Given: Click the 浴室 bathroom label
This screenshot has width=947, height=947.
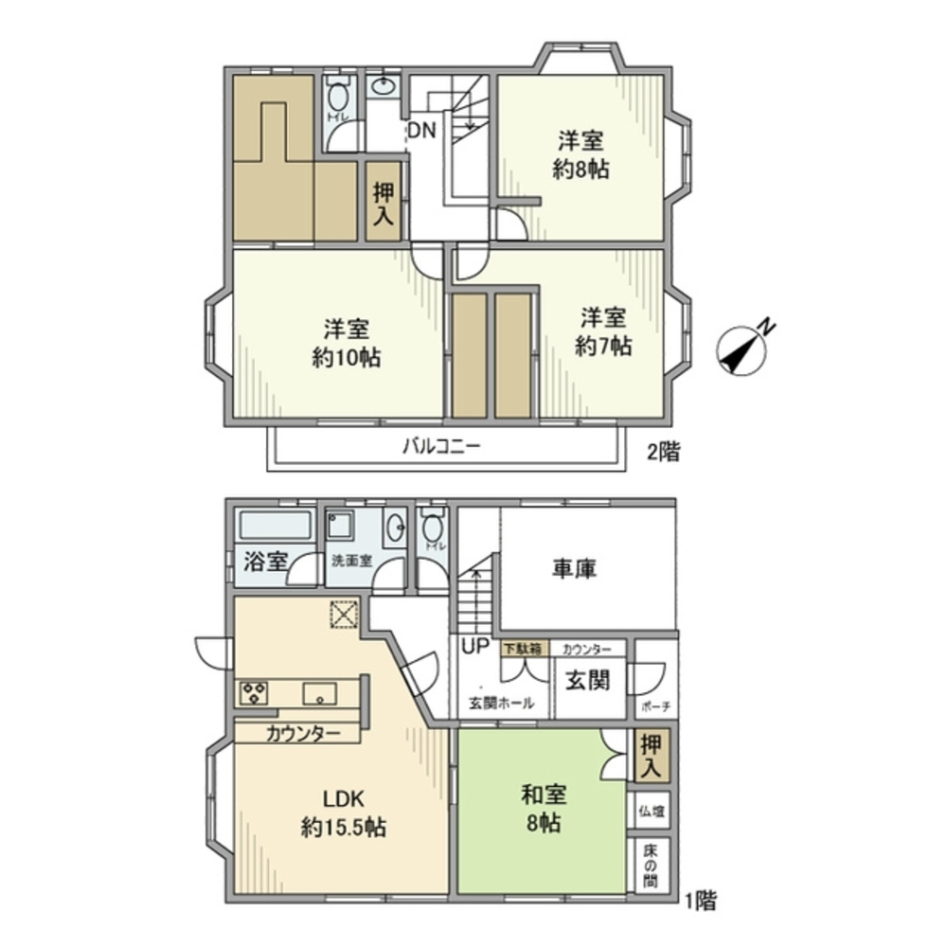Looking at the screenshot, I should (x=264, y=561).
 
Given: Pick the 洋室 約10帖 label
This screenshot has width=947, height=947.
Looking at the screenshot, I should (x=345, y=343).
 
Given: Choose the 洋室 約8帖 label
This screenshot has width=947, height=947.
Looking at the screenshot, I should (x=581, y=155).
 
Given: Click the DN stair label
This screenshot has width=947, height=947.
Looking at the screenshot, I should (x=422, y=132).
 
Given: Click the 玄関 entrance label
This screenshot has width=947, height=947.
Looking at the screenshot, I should (x=587, y=680).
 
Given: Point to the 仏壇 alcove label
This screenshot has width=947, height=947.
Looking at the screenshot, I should (x=650, y=812).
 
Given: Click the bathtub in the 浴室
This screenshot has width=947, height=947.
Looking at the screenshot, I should (x=276, y=526).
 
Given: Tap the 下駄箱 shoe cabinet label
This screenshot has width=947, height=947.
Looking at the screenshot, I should (x=522, y=650).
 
